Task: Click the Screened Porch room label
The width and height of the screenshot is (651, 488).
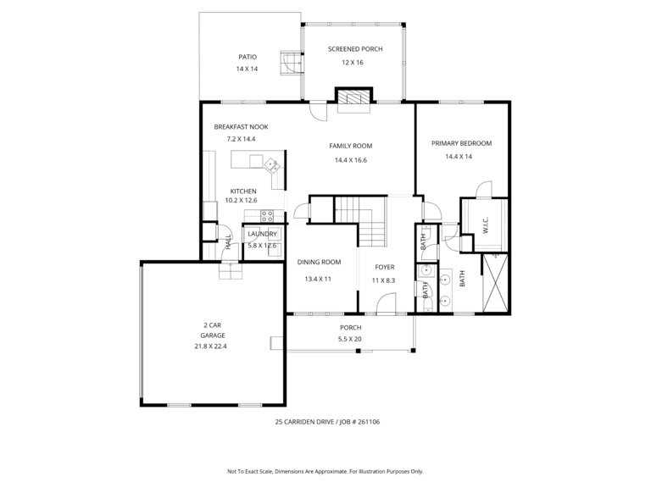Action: pyautogui.click(x=355, y=49)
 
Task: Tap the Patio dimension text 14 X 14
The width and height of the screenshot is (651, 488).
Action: pyautogui.click(x=247, y=69)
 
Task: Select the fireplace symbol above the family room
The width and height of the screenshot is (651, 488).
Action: pyautogui.click(x=353, y=97)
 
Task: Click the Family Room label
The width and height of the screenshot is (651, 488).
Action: pyautogui.click(x=350, y=146)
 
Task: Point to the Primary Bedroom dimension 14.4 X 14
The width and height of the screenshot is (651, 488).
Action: pyautogui.click(x=459, y=157)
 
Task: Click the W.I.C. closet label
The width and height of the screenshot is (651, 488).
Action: pyautogui.click(x=486, y=225)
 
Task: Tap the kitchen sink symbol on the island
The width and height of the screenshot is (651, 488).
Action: pyautogui.click(x=272, y=166)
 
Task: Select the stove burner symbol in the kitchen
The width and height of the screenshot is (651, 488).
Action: pyautogui.click(x=266, y=216)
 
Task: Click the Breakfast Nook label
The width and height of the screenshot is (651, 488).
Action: pyautogui.click(x=241, y=127)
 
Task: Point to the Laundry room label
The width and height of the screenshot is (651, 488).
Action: pyautogui.click(x=262, y=234)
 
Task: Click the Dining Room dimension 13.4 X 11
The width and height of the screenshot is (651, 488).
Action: pyautogui.click(x=318, y=280)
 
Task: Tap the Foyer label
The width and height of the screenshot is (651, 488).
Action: pyautogui.click(x=385, y=267)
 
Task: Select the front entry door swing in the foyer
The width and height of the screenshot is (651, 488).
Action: pyautogui.click(x=386, y=302)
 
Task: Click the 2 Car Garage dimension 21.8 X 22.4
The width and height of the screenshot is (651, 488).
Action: pyautogui.click(x=210, y=346)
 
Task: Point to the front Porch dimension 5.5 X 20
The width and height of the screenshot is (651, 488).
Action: pyautogui.click(x=350, y=339)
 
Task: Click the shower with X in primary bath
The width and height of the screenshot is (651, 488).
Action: pyautogui.click(x=496, y=283)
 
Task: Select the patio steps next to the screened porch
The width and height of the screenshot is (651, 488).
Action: pyautogui.click(x=292, y=63)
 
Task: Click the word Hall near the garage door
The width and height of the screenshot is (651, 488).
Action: pyautogui.click(x=228, y=242)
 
